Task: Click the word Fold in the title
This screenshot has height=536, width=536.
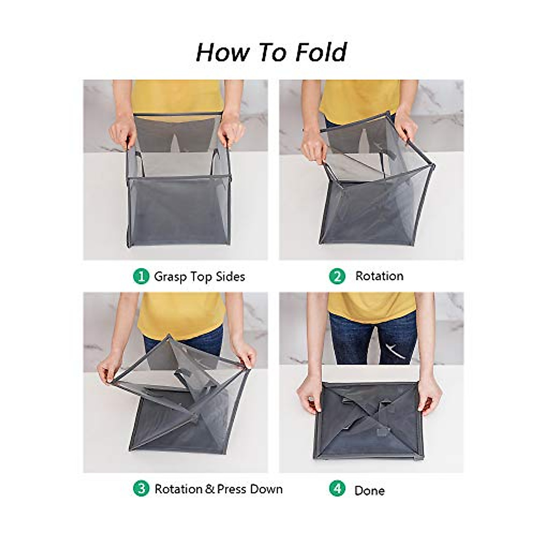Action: pos(321,52)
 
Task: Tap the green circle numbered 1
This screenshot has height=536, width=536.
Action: pos(141,277)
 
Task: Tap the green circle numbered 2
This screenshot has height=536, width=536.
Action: pos(337,277)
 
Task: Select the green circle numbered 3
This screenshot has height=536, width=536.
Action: pos(141,489)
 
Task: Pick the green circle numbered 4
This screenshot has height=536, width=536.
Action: pos(337,489)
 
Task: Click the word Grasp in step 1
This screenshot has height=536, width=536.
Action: pos(171,277)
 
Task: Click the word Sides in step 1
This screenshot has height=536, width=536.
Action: pos(230,277)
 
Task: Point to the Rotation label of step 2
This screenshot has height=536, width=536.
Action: pos(379,276)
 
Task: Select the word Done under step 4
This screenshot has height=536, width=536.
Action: pos(369,490)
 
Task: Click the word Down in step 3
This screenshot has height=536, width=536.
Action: pos(266,489)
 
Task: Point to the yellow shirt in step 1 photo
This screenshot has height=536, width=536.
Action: pos(178,96)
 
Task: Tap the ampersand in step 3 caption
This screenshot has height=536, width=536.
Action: pos(210,490)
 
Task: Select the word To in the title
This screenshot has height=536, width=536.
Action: pos(273,52)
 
